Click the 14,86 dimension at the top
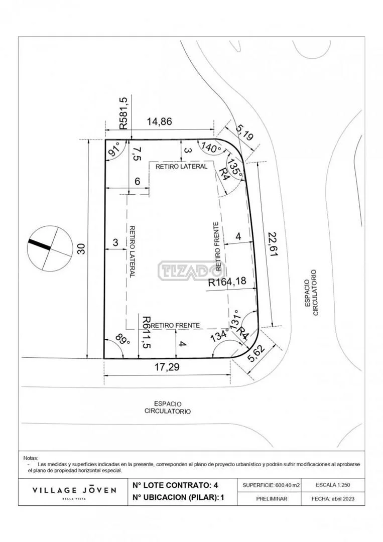[159, 122]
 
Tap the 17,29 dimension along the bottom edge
[167, 367]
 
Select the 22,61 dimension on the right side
[273, 244]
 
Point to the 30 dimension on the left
[81, 248]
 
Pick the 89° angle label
[122, 339]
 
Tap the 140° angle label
[211, 148]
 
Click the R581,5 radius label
[123, 113]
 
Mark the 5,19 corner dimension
[245, 133]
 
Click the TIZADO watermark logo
[192, 270]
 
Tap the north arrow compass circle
[51, 248]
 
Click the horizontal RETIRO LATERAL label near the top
[182, 167]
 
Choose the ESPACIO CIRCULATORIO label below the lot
[168, 408]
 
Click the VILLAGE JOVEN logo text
[74, 490]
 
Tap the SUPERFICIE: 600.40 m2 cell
[272, 485]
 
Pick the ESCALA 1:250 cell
[333, 485]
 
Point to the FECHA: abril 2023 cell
[333, 499]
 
